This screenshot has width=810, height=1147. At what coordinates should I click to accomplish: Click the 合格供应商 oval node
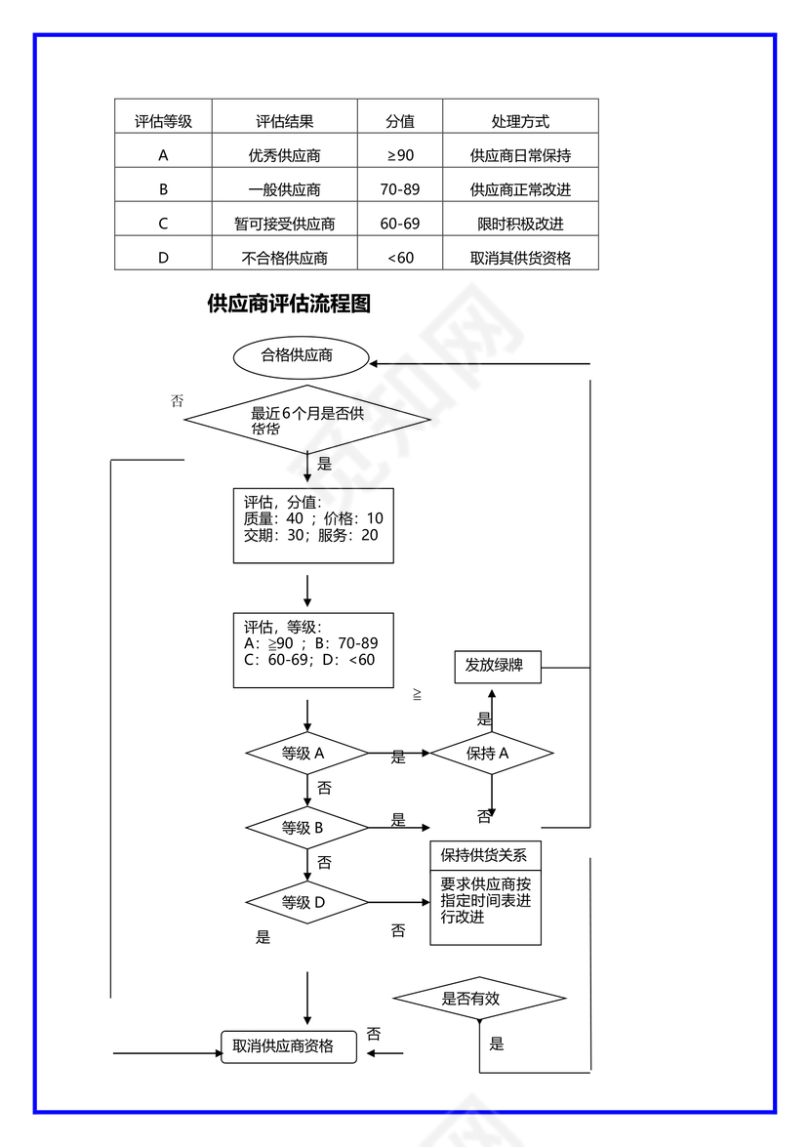tap(301, 356)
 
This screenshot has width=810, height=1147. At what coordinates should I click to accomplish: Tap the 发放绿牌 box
tap(498, 667)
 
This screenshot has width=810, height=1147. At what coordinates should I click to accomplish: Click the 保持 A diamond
tap(492, 754)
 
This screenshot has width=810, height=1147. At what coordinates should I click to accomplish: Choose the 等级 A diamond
tap(307, 754)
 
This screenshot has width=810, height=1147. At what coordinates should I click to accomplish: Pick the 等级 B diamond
tap(307, 828)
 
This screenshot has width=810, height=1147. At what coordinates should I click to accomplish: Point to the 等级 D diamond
tap(307, 903)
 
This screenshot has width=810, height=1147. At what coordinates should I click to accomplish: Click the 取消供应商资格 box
tap(289, 1046)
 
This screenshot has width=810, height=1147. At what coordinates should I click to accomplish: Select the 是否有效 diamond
tap(479, 999)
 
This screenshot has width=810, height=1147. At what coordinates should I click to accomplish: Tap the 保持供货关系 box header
tap(485, 856)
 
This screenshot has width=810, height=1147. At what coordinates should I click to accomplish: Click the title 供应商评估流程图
tap(289, 304)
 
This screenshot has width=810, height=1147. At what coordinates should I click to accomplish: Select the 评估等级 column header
tap(163, 122)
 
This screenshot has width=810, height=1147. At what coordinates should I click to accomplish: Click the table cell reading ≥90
tap(400, 155)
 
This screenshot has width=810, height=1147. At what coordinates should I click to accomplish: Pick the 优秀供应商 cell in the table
tap(284, 155)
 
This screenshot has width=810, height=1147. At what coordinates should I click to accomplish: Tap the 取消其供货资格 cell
tap(520, 259)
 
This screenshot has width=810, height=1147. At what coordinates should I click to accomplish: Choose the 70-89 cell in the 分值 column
tap(400, 189)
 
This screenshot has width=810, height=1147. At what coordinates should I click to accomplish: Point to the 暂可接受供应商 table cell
tap(284, 224)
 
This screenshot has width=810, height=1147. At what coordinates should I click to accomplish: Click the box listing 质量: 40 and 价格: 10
tap(313, 525)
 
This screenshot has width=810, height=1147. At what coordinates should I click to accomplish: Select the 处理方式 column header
tap(520, 122)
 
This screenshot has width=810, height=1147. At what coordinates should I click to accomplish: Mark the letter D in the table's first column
tap(163, 259)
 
